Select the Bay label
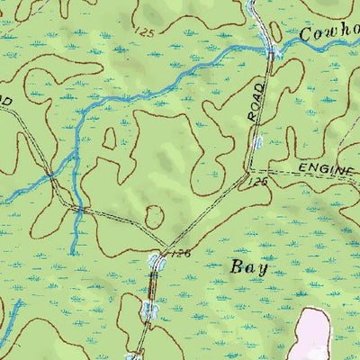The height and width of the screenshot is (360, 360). (249, 266)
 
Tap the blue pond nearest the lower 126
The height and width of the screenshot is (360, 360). (157, 262)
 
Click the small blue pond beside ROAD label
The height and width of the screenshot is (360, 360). (257, 142)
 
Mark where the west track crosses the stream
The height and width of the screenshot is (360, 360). (79, 210)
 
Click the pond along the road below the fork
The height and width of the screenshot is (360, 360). (150, 310)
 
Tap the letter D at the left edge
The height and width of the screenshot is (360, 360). (4, 103)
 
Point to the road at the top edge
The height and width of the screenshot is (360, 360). (255, 4)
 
